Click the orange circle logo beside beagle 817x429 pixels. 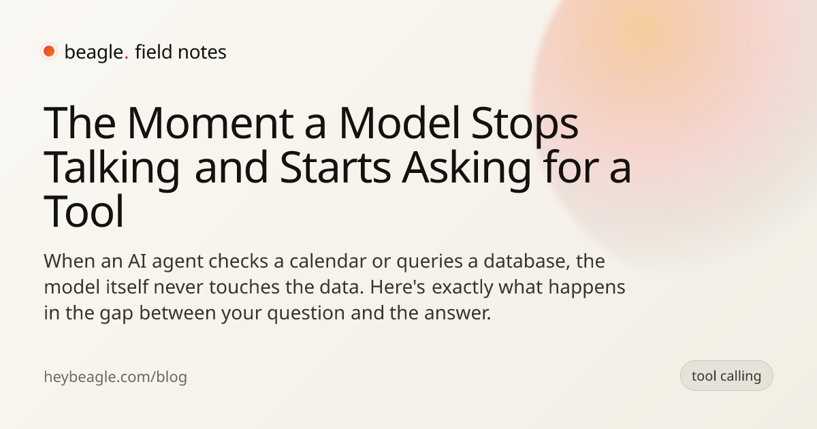coord(49,51)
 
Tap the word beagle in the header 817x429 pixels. coord(94,52)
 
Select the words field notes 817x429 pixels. coord(180,52)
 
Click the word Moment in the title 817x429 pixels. coord(210,123)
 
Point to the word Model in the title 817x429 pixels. coord(400,123)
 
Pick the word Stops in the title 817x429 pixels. coord(525,126)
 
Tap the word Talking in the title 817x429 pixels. coord(112,170)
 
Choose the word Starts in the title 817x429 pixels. coord(336,168)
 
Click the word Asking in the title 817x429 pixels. coord(466,170)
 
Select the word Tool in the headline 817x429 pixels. coord(84,211)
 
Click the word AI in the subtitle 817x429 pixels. coord(137,261)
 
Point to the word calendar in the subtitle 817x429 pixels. coord(328,261)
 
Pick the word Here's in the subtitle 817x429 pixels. coord(398,287)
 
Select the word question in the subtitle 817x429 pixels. coord(306,314)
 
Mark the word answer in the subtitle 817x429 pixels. coord(458,313)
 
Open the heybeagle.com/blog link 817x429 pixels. coord(115,377)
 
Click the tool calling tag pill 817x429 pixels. coord(726,376)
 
